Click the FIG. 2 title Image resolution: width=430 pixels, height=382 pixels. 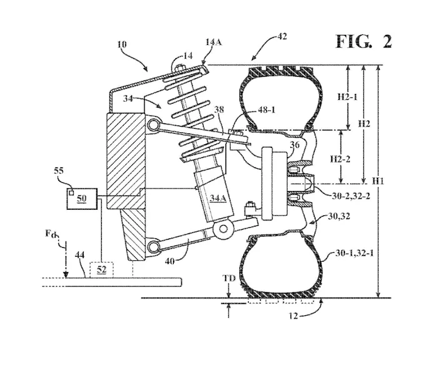[x=364, y=42]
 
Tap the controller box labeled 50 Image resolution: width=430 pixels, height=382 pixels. [x=82, y=199]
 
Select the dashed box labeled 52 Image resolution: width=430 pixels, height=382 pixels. [x=101, y=270]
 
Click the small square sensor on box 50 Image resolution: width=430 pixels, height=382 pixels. [x=72, y=193]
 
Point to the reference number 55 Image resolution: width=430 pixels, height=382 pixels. [x=59, y=171]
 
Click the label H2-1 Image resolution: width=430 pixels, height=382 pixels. [x=347, y=97]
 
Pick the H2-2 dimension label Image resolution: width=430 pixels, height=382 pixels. [x=340, y=159]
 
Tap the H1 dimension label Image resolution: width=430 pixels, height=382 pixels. [x=378, y=181]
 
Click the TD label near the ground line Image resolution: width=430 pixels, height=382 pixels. [x=229, y=278]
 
